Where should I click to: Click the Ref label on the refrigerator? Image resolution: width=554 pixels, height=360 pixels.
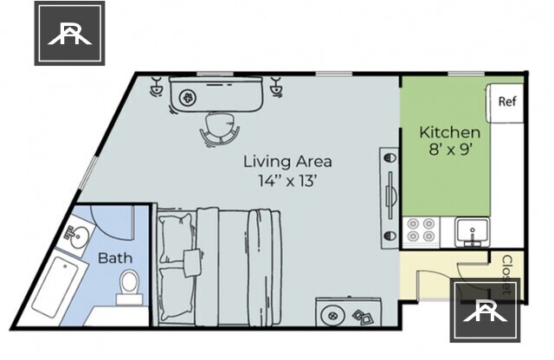click(x=507, y=102)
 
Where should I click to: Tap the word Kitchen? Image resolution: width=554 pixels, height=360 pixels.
click(x=450, y=132)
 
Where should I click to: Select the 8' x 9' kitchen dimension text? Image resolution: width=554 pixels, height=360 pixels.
click(x=450, y=150)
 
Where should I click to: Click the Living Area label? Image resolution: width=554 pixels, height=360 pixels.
click(x=287, y=162)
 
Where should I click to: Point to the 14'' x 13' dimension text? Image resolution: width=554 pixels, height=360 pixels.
click(x=287, y=181)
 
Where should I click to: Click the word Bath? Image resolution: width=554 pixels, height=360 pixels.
click(x=115, y=258)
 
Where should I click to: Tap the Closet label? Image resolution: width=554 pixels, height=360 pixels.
click(x=507, y=275)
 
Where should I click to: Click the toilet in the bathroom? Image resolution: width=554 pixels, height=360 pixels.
click(x=129, y=287)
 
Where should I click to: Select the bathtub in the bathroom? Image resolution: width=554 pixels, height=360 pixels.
click(x=55, y=286)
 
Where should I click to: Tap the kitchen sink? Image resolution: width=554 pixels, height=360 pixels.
click(x=472, y=231)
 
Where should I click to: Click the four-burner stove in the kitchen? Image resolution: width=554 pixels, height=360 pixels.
click(x=422, y=230)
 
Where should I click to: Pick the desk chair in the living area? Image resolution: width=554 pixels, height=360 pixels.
click(x=219, y=130)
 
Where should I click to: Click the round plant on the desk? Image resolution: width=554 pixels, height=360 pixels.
click(x=186, y=98)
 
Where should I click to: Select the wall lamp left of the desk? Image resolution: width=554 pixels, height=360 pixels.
click(x=156, y=87)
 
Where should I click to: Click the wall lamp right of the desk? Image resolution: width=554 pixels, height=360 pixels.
click(x=276, y=87)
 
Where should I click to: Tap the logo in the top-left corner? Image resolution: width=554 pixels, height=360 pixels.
click(x=69, y=33)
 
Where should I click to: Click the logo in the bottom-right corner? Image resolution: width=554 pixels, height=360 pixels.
click(x=485, y=310)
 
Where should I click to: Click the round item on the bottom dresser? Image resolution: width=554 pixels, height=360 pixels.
click(x=332, y=314)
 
